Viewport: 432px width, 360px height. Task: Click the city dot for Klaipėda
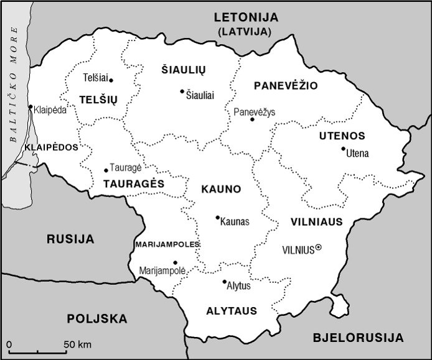pos(31,107)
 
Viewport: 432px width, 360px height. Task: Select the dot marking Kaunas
pos(217,217)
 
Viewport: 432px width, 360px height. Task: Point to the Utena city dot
pos(343,149)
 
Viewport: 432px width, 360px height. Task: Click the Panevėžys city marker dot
pos(252,119)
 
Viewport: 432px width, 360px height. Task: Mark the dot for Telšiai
pos(111,80)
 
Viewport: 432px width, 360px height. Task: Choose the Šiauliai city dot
pos(182,91)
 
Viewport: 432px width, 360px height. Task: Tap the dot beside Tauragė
pos(106,170)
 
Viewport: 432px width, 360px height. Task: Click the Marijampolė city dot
pos(175,262)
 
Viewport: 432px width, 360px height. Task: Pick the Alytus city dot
pos(224,282)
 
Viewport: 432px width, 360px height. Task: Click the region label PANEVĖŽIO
pos(286,85)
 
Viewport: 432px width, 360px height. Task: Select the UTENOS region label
pos(342,136)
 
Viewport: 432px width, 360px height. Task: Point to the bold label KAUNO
pos(220,188)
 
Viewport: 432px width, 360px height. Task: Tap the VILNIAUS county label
pos(316,221)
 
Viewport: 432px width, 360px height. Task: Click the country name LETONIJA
pos(246,17)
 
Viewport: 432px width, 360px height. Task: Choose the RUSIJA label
pos(70,239)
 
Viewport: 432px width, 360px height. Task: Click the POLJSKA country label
pos(96,319)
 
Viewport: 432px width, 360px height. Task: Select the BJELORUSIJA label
pos(357,338)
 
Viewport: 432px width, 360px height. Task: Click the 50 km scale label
pos(77,344)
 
